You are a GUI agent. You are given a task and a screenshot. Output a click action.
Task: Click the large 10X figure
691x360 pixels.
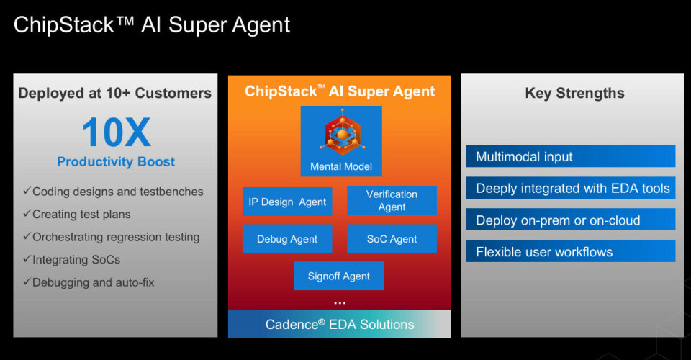[x=116, y=132]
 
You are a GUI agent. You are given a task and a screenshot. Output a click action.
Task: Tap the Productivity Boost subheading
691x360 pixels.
[x=116, y=161]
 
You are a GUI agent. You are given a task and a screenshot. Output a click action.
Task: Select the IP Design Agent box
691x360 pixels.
[x=287, y=202]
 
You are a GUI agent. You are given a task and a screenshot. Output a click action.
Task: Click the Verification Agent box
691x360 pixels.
[x=392, y=200]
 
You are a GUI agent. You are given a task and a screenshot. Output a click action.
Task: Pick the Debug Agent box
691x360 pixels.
[x=287, y=239]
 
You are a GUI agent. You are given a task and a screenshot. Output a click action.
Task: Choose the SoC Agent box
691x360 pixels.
[x=392, y=239]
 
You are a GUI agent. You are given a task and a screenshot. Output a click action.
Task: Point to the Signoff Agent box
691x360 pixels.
[x=339, y=276]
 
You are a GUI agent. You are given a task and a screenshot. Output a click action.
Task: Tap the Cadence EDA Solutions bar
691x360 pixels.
[x=340, y=324]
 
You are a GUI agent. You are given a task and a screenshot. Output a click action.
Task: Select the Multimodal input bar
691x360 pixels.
[x=571, y=156]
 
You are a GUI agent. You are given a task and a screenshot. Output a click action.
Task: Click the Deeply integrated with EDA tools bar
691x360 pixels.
[x=571, y=189]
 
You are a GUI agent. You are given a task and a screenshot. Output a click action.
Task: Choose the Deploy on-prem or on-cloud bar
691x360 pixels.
[x=571, y=220]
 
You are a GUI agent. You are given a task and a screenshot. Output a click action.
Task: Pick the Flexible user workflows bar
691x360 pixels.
[x=571, y=251]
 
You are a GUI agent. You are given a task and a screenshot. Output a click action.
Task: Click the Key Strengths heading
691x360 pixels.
[x=574, y=93]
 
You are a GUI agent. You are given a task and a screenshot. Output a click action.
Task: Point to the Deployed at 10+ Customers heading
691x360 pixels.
[x=115, y=93]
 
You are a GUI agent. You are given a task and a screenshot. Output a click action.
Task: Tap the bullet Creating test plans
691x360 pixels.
[x=81, y=215]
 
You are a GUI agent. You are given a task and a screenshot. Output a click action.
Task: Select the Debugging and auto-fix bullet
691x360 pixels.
[x=93, y=282]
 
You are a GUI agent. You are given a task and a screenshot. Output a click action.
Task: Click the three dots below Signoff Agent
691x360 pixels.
[x=340, y=303]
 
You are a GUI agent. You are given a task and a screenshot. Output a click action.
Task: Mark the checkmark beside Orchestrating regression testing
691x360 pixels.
[x=27, y=237]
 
